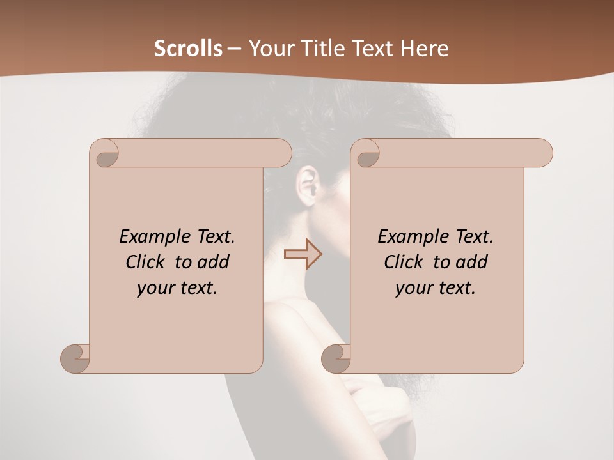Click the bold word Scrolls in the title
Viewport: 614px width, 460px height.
click(188, 49)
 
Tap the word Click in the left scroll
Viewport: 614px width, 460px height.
click(144, 262)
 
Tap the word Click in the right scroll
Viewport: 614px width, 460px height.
click(402, 262)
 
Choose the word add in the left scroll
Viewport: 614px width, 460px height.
click(214, 262)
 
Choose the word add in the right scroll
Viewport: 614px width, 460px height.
click(472, 262)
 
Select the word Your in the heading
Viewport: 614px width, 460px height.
click(269, 49)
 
